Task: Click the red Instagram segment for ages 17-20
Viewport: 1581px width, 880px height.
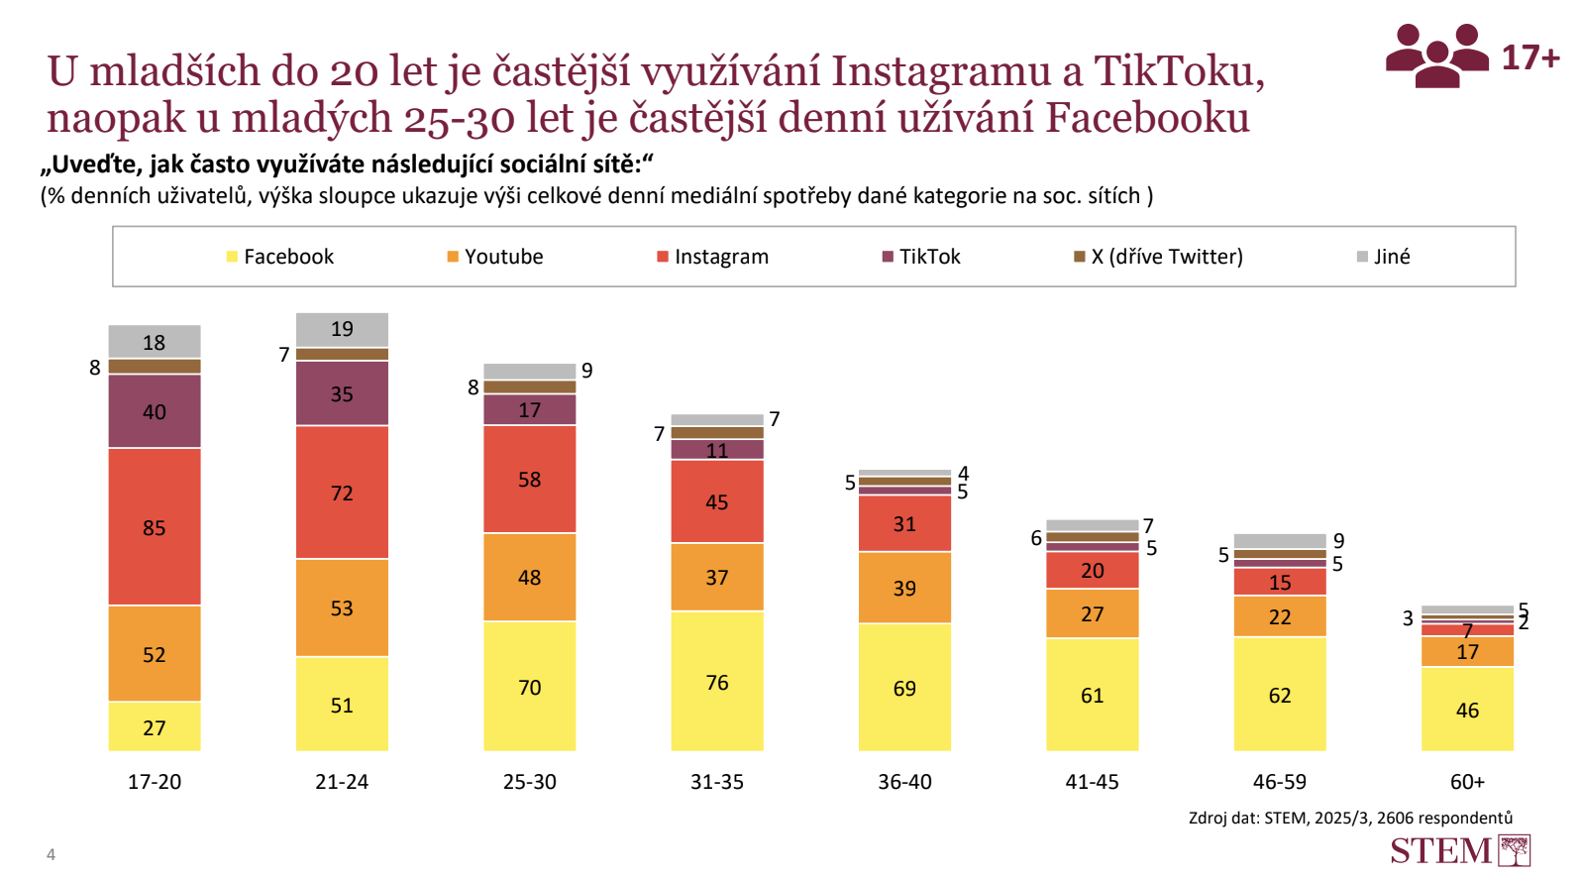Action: pyautogui.click(x=155, y=526)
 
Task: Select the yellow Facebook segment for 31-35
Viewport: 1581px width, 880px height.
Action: pyautogui.click(x=717, y=681)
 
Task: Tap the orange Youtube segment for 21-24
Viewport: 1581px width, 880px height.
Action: pyautogui.click(x=342, y=607)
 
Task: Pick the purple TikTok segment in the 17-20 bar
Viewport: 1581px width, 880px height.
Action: pyautogui.click(x=155, y=411)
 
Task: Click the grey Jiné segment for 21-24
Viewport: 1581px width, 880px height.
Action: pyautogui.click(x=342, y=329)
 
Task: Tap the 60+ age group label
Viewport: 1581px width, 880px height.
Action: pyautogui.click(x=1467, y=782)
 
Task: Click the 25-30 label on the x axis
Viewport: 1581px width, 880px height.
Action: pyautogui.click(x=530, y=782)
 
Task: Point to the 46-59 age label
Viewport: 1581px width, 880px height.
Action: pyautogui.click(x=1280, y=782)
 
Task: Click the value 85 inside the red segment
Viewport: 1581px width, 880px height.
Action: pyautogui.click(x=155, y=528)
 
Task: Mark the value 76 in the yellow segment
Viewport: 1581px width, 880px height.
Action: pyautogui.click(x=717, y=683)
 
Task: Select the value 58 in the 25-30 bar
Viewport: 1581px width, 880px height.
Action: pyautogui.click(x=530, y=480)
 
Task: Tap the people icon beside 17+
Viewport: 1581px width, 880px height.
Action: pyautogui.click(x=1436, y=55)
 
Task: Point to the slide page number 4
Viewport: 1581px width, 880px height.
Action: pyautogui.click(x=52, y=854)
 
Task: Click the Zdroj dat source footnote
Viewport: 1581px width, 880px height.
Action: pyautogui.click(x=1350, y=818)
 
